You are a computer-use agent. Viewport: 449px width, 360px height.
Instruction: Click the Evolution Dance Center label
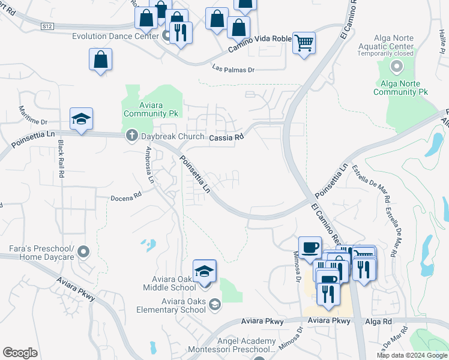(x=115, y=36)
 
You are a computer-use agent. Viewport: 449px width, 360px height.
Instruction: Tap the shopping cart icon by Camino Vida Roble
(x=304, y=43)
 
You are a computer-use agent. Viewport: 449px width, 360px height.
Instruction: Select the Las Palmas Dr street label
(x=234, y=70)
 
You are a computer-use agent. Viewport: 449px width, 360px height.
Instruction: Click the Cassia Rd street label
(x=226, y=137)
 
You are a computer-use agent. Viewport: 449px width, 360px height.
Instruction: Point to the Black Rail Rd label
(x=61, y=158)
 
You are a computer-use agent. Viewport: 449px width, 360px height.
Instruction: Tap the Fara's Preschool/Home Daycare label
(x=41, y=253)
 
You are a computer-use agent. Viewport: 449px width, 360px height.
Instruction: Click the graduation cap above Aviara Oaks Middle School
(x=204, y=271)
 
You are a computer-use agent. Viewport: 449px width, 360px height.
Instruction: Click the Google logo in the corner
(x=20, y=353)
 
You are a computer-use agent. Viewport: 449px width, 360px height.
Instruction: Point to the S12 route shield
(x=48, y=26)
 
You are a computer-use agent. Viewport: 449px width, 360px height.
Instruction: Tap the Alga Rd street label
(x=378, y=322)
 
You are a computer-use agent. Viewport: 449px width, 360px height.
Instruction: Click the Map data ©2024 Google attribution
(x=411, y=355)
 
